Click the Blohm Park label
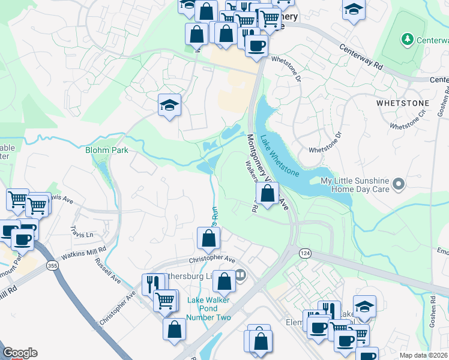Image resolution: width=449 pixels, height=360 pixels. (107, 150)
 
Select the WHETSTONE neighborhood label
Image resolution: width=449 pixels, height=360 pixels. (402, 103)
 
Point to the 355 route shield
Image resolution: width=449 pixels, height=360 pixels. (53, 265)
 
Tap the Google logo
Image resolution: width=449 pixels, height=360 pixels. (20, 353)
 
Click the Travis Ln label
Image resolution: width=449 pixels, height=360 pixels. (82, 231)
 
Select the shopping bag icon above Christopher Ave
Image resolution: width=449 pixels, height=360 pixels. (208, 238)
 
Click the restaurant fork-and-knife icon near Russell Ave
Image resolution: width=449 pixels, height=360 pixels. (152, 284)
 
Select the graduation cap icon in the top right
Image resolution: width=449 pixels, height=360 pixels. (354, 9)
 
